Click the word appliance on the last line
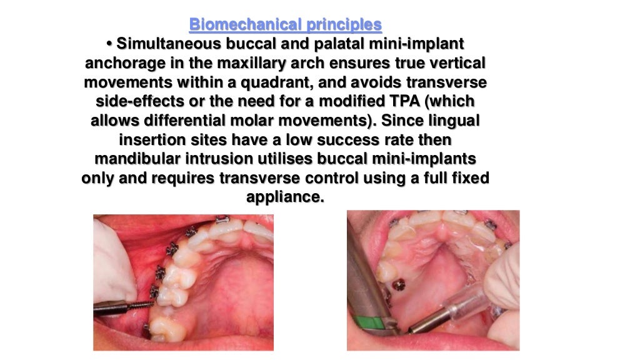click(x=286, y=197)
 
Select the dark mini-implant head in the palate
click(x=396, y=286)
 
